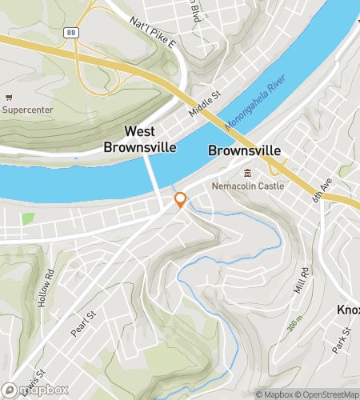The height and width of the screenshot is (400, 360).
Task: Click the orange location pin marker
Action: (181, 200)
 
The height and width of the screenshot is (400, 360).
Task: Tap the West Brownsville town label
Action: (134, 138)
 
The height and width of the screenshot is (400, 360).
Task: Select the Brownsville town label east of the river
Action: (244, 150)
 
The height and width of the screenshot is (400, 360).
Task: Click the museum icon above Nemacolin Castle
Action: (247, 173)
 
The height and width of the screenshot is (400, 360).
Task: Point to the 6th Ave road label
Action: (322, 190)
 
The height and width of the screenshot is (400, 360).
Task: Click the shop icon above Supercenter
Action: (8, 95)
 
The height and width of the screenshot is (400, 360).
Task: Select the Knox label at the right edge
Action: (349, 310)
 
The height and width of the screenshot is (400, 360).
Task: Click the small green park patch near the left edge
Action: (29, 218)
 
